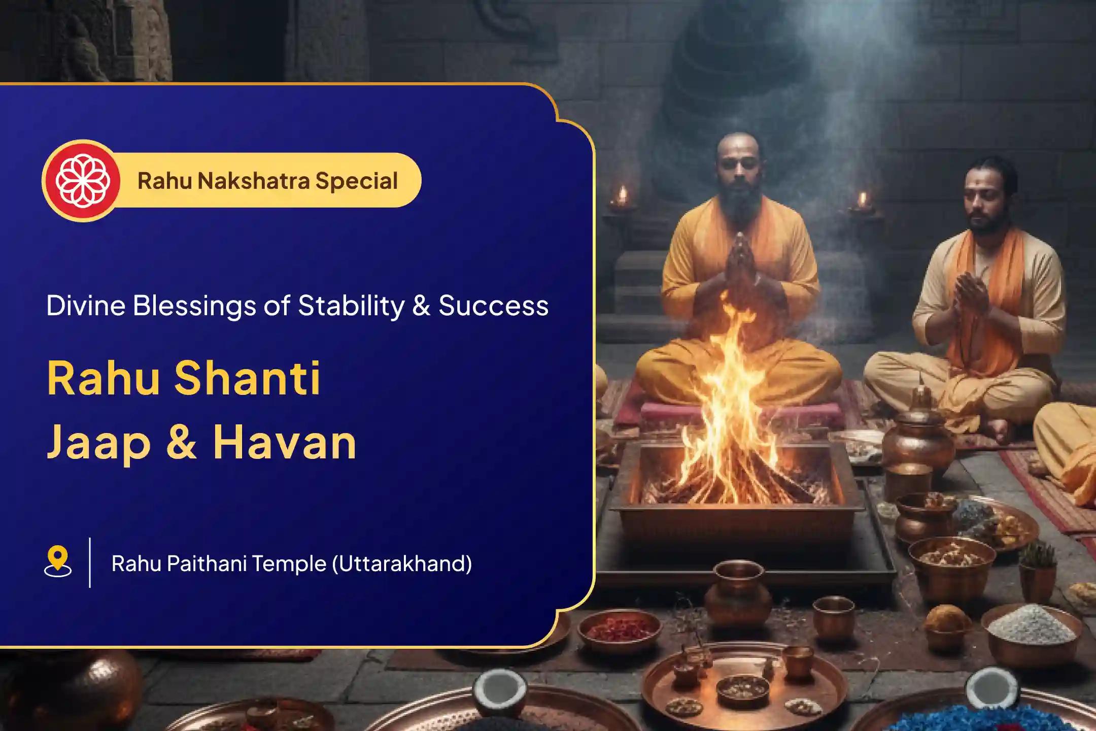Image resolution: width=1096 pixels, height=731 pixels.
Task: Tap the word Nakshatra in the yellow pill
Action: coord(253,181)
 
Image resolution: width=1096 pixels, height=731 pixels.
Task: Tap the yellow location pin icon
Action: coord(58,561)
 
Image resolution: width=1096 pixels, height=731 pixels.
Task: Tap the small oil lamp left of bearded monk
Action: coord(622,199)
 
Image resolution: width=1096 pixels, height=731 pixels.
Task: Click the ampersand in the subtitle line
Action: coord(421,306)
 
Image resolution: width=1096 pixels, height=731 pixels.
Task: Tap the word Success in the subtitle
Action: coord(493,306)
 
